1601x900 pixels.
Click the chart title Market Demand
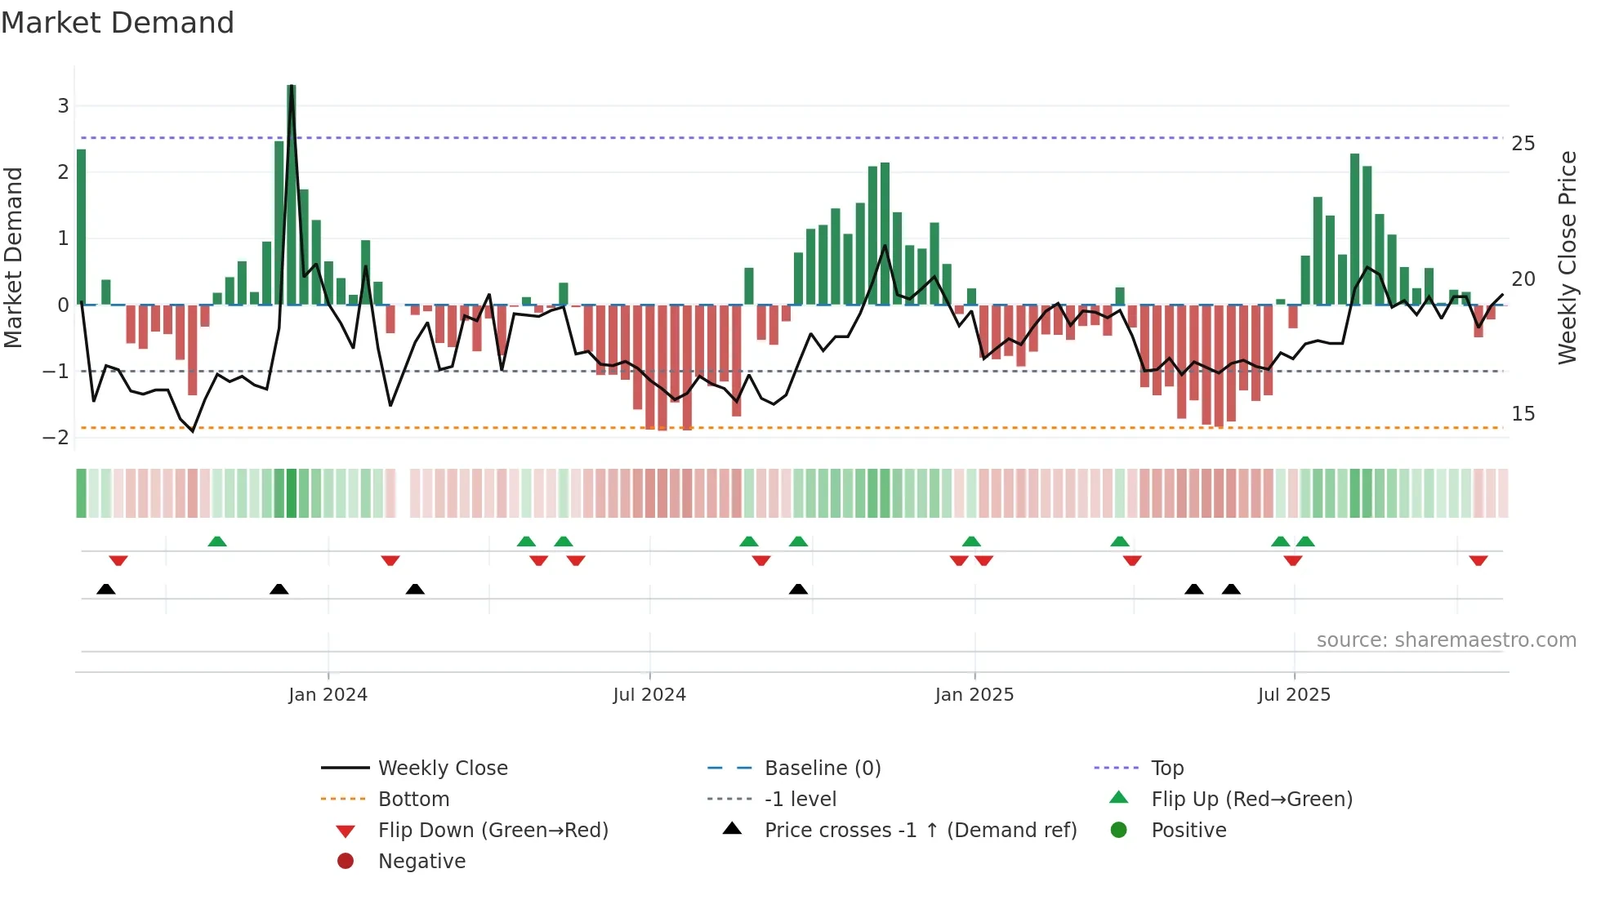pyautogui.click(x=118, y=23)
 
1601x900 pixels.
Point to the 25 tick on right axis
pyautogui.click(x=1523, y=144)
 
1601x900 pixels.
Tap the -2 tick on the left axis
pyautogui.click(x=56, y=438)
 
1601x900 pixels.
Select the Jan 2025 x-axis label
pyautogui.click(x=974, y=695)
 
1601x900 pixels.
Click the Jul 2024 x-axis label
pyautogui.click(x=649, y=695)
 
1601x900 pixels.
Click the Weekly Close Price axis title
pyautogui.click(x=1567, y=257)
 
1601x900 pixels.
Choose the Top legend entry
pyautogui.click(x=1166, y=769)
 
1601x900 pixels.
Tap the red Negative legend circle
pyautogui.click(x=346, y=862)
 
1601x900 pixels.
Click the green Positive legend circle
pyautogui.click(x=1119, y=831)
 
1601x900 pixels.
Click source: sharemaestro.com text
pyautogui.click(x=1446, y=640)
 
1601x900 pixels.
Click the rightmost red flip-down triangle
pyautogui.click(x=1478, y=560)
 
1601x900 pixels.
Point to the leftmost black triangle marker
pyautogui.click(x=105, y=589)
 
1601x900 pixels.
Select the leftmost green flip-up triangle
pyautogui.click(x=216, y=541)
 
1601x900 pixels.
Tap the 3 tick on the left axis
pyautogui.click(x=63, y=105)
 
